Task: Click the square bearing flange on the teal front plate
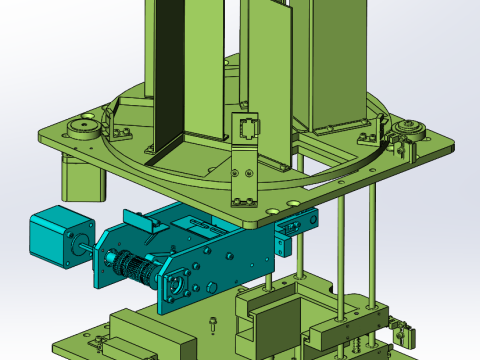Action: click(x=181, y=283)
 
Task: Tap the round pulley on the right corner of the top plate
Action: click(x=408, y=130)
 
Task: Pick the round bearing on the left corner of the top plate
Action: click(x=80, y=128)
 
